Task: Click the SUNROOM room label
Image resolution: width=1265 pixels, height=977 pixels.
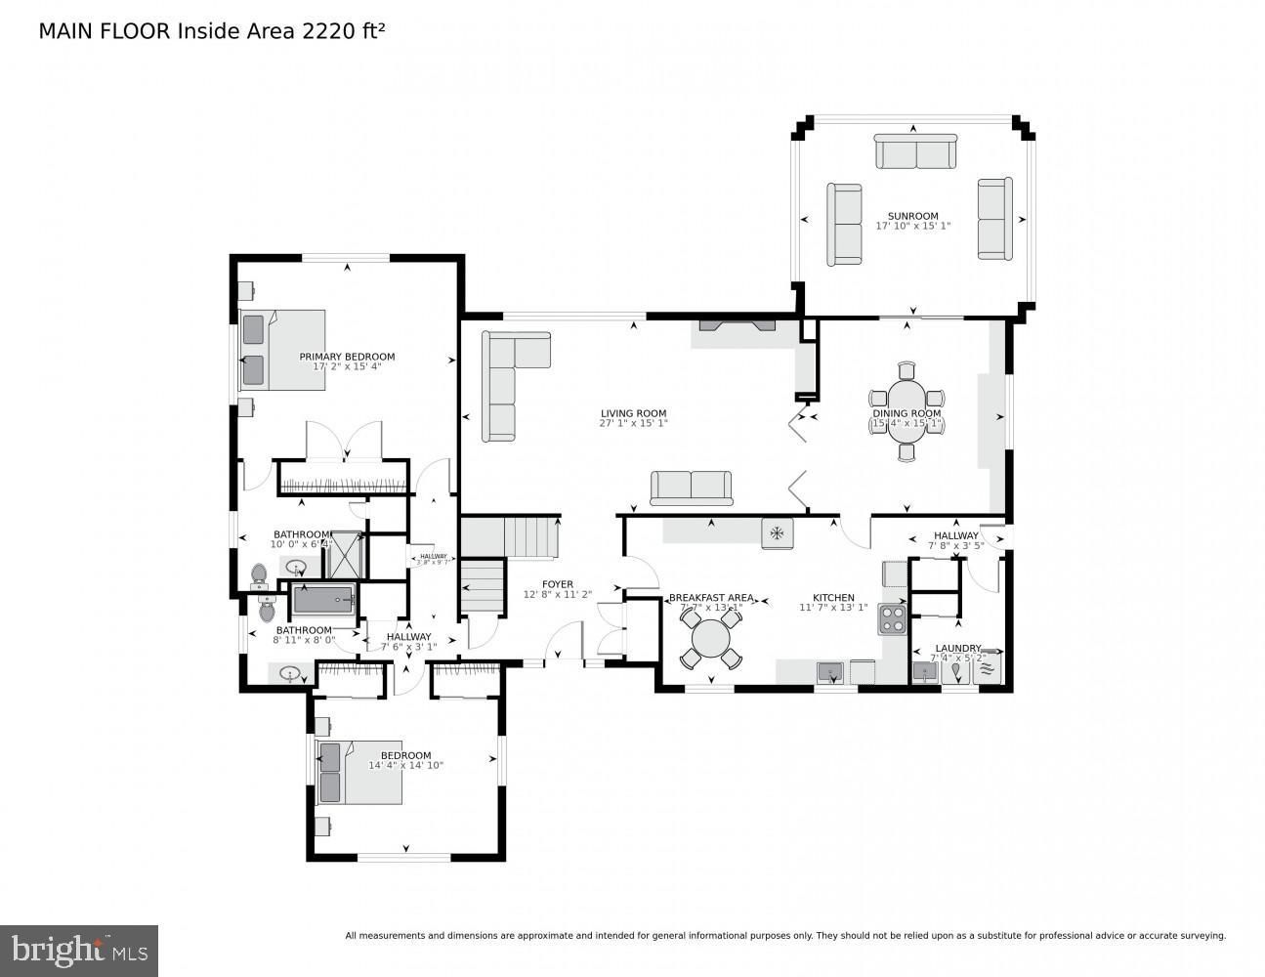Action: pos(912,216)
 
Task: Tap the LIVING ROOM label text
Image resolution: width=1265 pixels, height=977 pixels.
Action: pos(632,413)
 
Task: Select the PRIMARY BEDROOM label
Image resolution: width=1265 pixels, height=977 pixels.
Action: pos(347,357)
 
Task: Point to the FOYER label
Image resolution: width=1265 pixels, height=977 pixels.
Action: pos(558,584)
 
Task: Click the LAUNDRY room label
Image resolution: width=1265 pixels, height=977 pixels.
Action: pos(957,648)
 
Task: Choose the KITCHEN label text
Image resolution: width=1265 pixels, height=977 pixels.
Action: pos(833,598)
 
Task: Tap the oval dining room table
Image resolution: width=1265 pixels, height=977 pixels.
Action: pos(907,412)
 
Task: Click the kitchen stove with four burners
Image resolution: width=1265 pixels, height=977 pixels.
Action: pos(893,618)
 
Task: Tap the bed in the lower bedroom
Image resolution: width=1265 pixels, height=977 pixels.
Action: pos(359,772)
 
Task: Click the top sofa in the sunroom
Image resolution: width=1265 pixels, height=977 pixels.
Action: pos(914,152)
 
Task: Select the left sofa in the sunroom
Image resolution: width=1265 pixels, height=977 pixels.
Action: pos(844,224)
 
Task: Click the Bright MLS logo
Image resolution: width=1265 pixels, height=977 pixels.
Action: pos(79,950)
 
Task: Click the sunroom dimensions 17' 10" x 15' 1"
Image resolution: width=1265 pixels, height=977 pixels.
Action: pos(912,226)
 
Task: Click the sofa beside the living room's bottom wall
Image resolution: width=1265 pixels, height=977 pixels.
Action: pos(692,488)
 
